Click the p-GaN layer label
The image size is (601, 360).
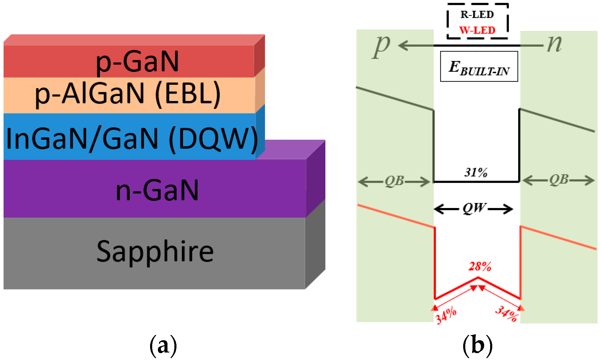[x=137, y=62]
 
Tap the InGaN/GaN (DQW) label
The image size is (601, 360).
[x=132, y=138]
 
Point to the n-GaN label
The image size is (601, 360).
[x=157, y=190]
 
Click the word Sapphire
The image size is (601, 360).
[x=155, y=252]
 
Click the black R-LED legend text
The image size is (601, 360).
[x=477, y=15]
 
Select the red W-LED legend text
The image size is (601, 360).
[x=477, y=30]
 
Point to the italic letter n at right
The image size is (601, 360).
[x=554, y=44]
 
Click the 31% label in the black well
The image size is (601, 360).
[x=476, y=172]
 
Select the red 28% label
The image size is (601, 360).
[x=480, y=266]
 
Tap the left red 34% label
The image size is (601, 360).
[x=446, y=315]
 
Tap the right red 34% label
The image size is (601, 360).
[x=506, y=314]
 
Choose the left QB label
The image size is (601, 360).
[x=394, y=181]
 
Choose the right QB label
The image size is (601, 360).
[x=558, y=180]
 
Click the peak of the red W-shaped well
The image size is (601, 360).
[x=478, y=278]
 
